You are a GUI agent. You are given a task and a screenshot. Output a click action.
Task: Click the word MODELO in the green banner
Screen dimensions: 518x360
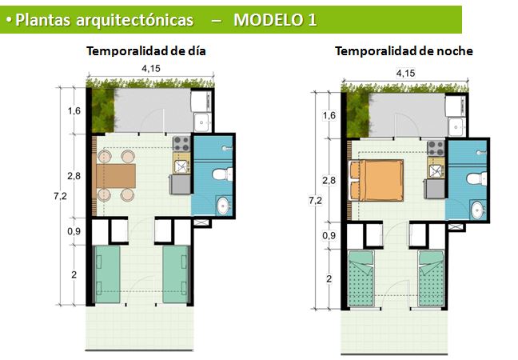coord(269,20)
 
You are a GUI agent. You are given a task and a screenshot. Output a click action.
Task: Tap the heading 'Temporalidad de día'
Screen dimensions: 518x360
coord(146,51)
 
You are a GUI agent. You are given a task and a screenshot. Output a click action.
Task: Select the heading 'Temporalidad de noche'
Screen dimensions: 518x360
coord(404,51)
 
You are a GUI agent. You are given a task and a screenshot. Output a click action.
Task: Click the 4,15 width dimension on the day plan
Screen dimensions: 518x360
coord(151,69)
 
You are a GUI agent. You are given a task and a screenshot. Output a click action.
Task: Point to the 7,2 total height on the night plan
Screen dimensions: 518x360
coord(315,200)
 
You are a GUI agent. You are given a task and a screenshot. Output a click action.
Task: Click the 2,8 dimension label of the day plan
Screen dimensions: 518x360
coord(74,176)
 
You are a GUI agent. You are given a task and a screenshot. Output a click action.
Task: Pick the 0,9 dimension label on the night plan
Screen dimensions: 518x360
coord(329,235)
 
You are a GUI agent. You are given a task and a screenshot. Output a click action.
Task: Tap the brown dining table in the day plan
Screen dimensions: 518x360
coord(116,176)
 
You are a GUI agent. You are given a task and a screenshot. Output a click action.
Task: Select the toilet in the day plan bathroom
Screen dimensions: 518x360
coord(222,174)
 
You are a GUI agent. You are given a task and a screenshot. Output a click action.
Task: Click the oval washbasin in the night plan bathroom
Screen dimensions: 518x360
coord(477,210)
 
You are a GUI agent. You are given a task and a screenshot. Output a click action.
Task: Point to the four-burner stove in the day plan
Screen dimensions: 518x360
coord(181,144)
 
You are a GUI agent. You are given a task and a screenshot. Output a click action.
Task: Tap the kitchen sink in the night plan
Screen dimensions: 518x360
coord(436,171)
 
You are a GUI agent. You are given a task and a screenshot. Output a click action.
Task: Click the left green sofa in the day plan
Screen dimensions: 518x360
coord(107,274)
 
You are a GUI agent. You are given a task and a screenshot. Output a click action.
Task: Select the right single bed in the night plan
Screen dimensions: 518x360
coord(431,278)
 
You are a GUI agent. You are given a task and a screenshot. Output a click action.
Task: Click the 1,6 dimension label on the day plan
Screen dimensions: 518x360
coord(74,110)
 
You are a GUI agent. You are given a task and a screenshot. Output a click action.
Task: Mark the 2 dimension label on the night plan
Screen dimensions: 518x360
coord(329,278)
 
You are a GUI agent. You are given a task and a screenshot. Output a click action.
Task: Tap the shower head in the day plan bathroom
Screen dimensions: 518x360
coord(227,148)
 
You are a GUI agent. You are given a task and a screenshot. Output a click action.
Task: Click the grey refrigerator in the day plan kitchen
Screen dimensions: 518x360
coord(180,185)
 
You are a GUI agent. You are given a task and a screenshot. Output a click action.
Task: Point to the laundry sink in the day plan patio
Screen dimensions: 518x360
coord(201,122)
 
